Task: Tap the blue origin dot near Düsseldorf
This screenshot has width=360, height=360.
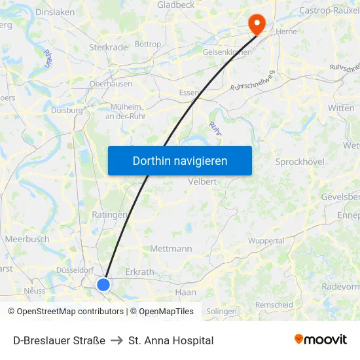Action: click(x=103, y=284)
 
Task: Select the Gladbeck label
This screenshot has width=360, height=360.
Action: click(x=176, y=5)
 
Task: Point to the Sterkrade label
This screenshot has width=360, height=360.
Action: click(x=108, y=47)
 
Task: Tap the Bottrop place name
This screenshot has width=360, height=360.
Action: click(x=147, y=45)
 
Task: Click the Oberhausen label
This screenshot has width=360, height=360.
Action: click(x=111, y=84)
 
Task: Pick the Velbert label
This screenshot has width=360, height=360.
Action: click(x=202, y=181)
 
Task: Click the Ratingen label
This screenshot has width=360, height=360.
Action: click(x=109, y=214)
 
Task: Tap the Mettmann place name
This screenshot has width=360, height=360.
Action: click(x=171, y=249)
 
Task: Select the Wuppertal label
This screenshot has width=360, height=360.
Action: click(x=266, y=241)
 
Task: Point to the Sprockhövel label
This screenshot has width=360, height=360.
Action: click(x=300, y=162)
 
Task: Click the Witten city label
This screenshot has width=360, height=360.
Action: click(x=341, y=108)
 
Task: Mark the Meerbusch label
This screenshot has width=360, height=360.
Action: click(x=27, y=240)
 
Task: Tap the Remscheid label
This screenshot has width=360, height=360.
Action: click(x=274, y=305)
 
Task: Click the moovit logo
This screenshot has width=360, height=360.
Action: click(x=321, y=339)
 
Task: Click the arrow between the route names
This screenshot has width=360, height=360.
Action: click(x=117, y=340)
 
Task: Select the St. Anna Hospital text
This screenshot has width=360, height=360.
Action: click(x=171, y=340)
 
